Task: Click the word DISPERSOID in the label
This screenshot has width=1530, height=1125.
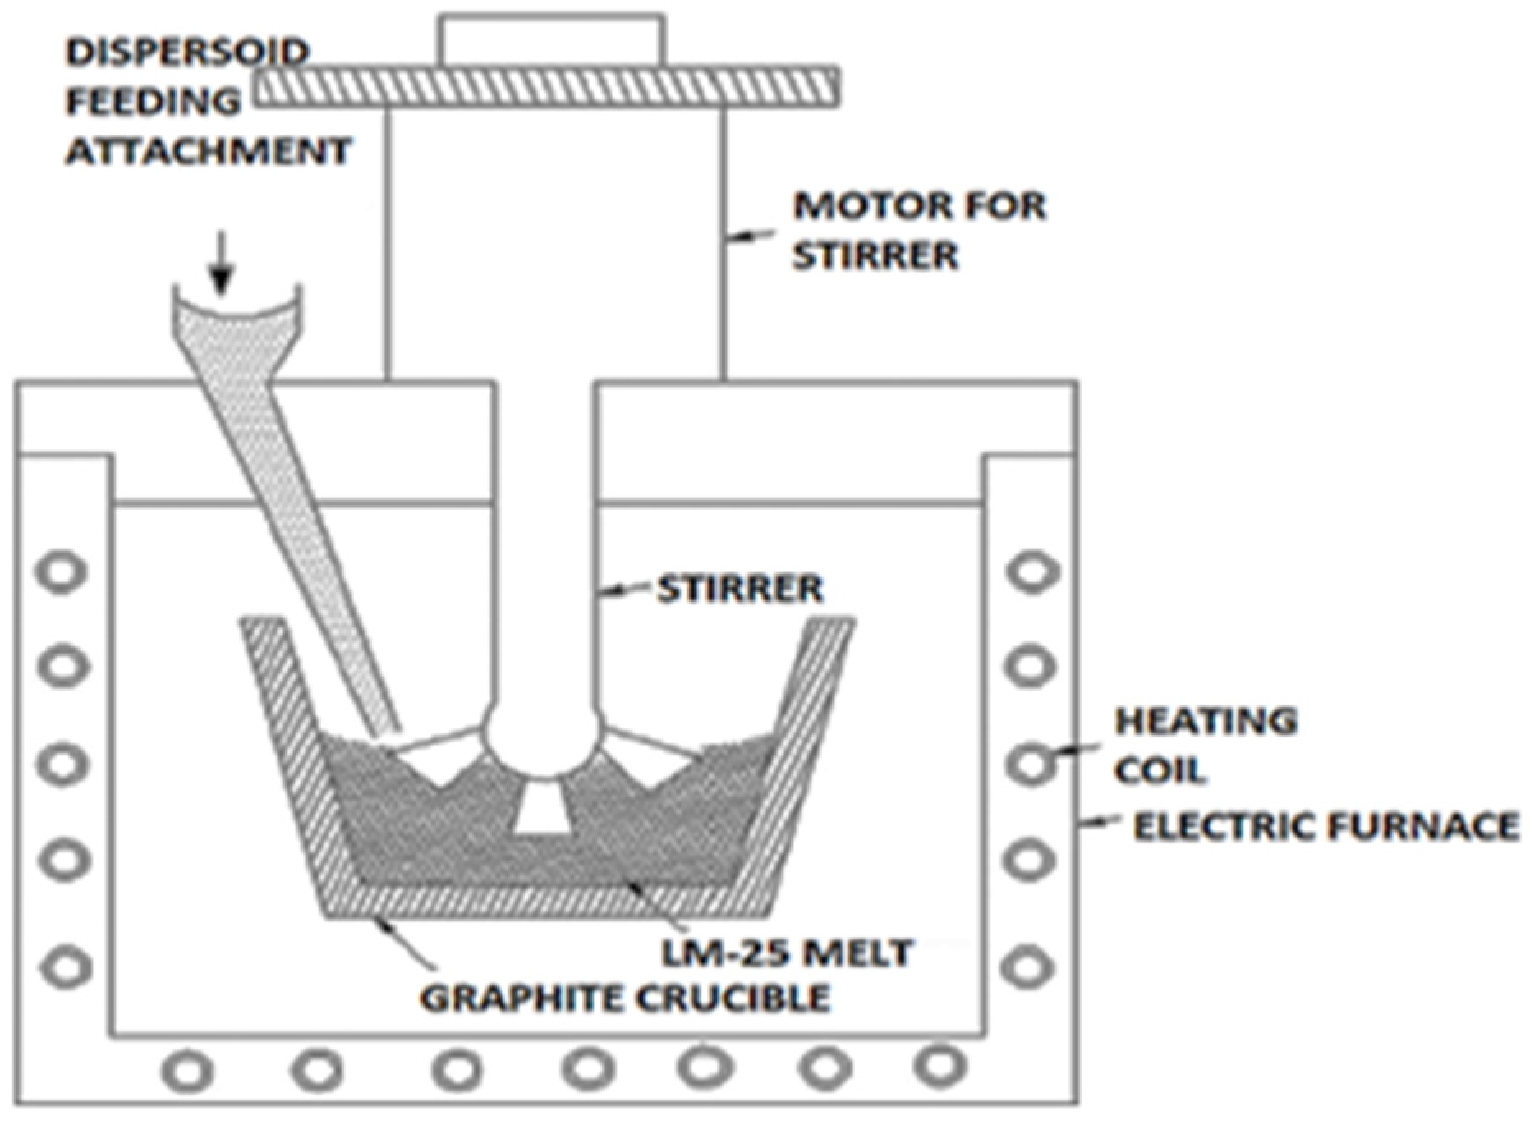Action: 187,53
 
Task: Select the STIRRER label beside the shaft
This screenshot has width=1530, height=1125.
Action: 739,589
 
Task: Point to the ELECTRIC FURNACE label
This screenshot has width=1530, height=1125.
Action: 1326,826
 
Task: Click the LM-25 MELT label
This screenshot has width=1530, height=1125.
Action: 788,953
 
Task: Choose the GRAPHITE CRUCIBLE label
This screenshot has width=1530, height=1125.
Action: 625,998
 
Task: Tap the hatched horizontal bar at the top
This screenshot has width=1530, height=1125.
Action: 546,87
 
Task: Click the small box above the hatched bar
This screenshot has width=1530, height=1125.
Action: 551,39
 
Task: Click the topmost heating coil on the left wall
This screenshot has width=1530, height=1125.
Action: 62,572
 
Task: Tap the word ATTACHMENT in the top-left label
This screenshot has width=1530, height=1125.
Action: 209,151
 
